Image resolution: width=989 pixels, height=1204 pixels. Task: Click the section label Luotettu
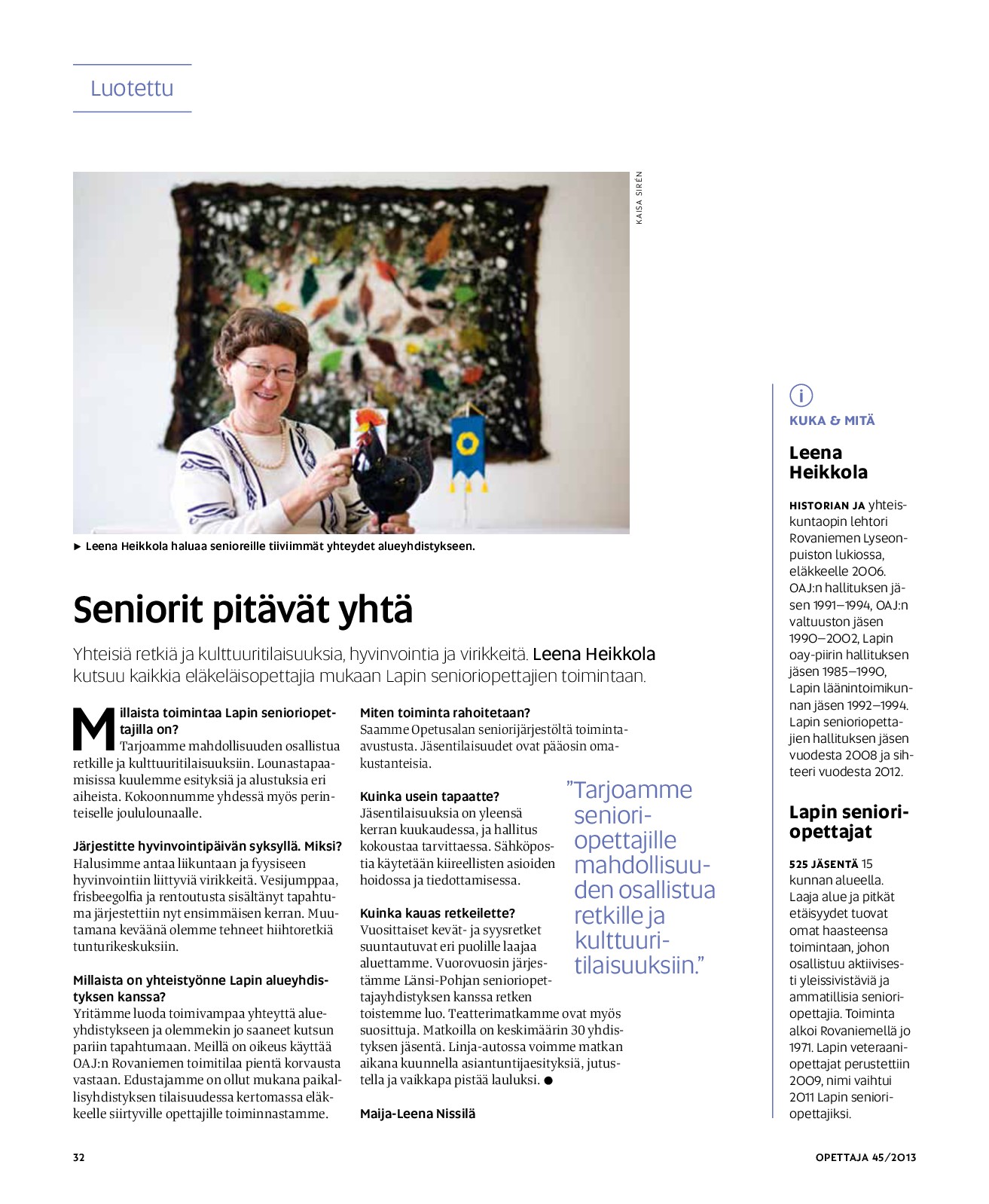point(132,88)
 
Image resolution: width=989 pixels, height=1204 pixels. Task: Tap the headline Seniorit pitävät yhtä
point(243,610)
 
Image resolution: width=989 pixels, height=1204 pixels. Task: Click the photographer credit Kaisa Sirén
point(639,198)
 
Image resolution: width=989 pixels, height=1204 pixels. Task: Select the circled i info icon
point(801,395)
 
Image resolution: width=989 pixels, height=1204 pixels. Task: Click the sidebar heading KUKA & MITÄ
point(832,420)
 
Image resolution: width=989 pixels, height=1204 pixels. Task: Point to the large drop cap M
point(93,729)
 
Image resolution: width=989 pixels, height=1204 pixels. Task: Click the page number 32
point(79,1157)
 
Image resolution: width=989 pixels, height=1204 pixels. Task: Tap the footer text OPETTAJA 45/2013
point(865,1157)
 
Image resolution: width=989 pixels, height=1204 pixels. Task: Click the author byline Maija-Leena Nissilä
point(417,1114)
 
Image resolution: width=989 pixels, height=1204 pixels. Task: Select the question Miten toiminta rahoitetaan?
point(445,713)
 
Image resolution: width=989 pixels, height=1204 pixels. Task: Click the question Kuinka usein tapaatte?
point(429,796)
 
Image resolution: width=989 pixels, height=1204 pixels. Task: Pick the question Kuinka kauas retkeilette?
point(437,913)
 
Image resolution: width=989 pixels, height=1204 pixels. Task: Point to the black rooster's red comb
point(368,419)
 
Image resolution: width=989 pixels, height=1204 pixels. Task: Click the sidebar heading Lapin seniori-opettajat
point(849,821)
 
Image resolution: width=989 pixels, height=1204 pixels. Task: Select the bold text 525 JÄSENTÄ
point(823,864)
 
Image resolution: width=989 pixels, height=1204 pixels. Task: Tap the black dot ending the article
point(548,1080)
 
